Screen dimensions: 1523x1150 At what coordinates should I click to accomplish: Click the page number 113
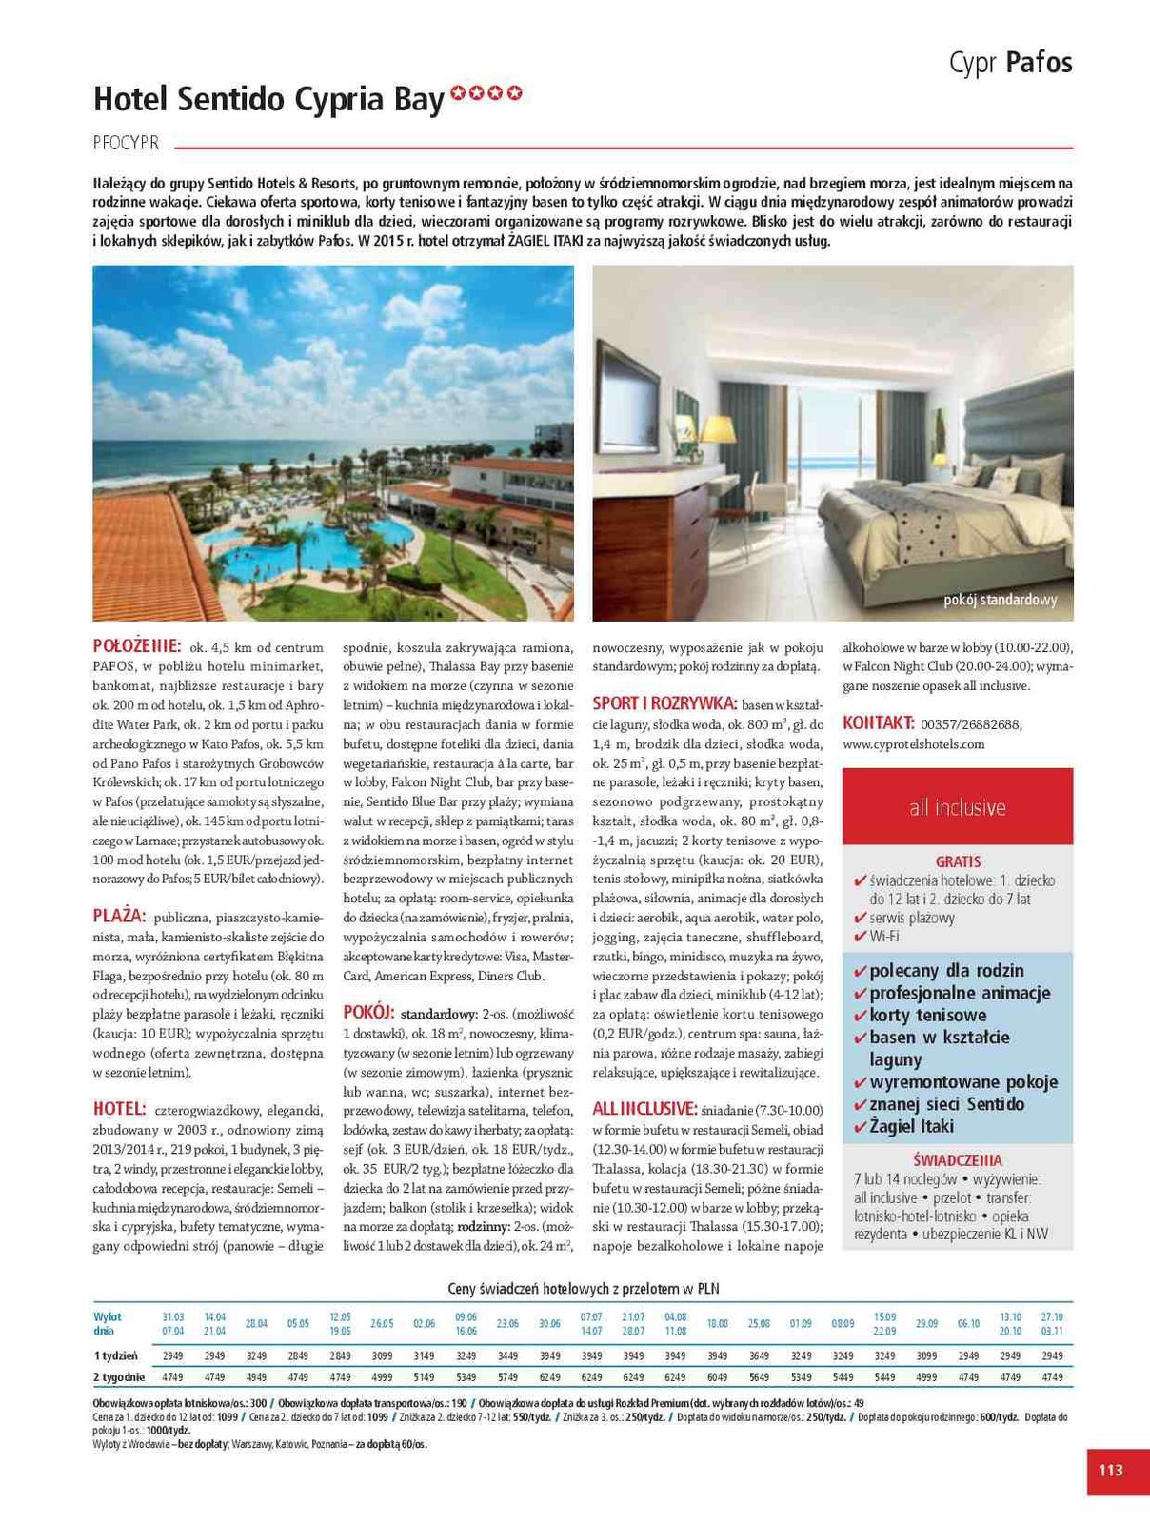coord(1110,1471)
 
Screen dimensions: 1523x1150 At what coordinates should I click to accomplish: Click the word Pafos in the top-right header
coord(1039,63)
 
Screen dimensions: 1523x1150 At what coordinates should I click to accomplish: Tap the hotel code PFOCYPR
coord(126,144)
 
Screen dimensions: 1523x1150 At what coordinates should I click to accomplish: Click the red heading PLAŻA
coord(119,917)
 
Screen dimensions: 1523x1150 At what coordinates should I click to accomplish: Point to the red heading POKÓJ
coord(367,1012)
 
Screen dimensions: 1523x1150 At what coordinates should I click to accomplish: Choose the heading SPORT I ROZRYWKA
coord(664,703)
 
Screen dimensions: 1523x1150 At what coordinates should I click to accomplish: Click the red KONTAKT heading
coord(878,723)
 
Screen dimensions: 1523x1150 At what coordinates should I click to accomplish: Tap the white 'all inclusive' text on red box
coord(957,807)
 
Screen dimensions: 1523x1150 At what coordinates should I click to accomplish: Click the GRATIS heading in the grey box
coord(957,861)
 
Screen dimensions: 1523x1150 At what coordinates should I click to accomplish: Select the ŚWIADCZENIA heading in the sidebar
coord(957,1160)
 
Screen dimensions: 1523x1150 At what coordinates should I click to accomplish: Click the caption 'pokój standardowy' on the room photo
coord(1000,600)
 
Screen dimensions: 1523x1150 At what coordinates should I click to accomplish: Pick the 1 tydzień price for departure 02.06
coord(424,1355)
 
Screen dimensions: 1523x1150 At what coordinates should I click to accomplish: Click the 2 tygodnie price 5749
coord(507,1377)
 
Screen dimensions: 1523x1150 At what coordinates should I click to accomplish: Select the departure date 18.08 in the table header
coord(717,1323)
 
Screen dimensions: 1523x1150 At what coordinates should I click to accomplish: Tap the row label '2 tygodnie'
coord(119,1377)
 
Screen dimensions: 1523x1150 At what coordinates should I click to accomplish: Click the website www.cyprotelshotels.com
coord(913,744)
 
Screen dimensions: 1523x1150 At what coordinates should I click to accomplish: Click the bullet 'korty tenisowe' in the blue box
coord(927,1016)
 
